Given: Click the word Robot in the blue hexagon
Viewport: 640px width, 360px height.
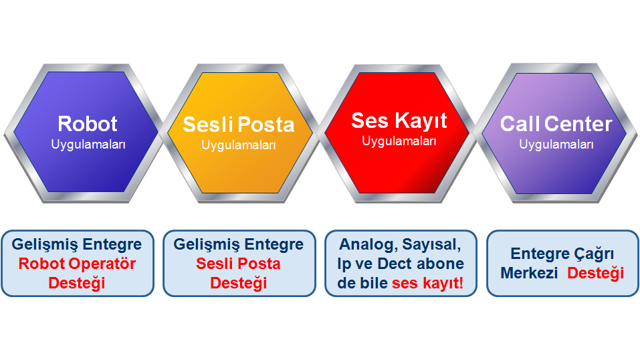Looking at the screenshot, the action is pos(88,124).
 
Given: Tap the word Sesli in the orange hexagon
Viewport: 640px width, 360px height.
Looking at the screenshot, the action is pos(208,124).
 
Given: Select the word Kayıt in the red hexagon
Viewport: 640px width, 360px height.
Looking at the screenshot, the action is pos(421,121).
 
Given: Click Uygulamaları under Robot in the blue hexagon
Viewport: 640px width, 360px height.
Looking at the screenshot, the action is pos(88,145).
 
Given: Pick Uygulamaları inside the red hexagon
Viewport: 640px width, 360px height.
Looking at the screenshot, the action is pos(399,141).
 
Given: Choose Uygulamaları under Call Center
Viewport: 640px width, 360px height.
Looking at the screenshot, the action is pos(556,145).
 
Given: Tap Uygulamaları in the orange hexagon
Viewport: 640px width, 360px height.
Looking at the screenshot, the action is pos(239,145).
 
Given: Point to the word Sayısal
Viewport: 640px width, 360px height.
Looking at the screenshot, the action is pos(432,245).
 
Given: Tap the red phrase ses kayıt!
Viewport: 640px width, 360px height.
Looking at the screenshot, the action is pos(427,283).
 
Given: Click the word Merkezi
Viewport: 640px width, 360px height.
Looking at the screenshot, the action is pos(529,273).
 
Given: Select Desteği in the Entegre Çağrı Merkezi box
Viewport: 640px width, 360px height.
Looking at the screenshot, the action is pos(595,274).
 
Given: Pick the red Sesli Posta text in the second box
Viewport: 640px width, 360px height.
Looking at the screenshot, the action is pos(238,264).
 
